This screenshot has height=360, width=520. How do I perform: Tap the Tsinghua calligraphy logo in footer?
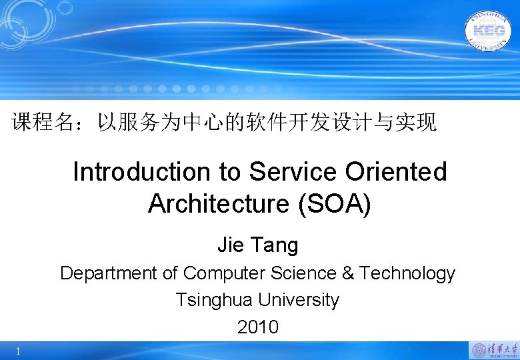click(x=494, y=349)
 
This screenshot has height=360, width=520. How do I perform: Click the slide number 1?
click(x=18, y=351)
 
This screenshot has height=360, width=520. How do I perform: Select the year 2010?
click(x=257, y=327)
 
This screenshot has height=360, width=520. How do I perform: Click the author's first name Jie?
click(x=231, y=245)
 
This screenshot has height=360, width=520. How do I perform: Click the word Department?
click(x=106, y=273)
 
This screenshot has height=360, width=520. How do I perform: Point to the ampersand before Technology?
click(x=348, y=273)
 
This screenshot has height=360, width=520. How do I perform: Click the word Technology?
click(x=407, y=273)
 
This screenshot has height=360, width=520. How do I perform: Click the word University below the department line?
click(x=299, y=300)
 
